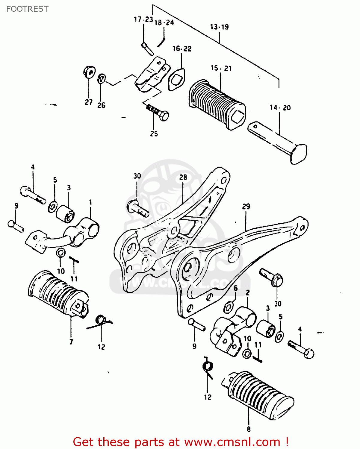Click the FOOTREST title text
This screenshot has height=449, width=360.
pyautogui.click(x=27, y=9)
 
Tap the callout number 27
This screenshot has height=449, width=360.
pyautogui.click(x=89, y=102)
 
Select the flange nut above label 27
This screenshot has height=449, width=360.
pyautogui.click(x=89, y=71)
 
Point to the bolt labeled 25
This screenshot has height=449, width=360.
pyautogui.click(x=158, y=112)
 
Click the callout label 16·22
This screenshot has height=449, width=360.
pyautogui.click(x=182, y=48)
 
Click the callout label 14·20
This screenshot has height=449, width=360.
pyautogui.click(x=280, y=108)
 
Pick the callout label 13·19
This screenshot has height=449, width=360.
pyautogui.click(x=219, y=27)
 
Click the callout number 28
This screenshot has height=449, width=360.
pyautogui.click(x=183, y=177)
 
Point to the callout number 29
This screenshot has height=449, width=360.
pyautogui.click(x=246, y=207)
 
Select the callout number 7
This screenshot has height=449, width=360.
pyautogui.click(x=71, y=342)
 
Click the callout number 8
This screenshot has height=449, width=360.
pyautogui.click(x=249, y=429)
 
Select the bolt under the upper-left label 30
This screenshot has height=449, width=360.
pyautogui.click(x=138, y=209)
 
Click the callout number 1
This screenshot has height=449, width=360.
pyautogui.click(x=90, y=203)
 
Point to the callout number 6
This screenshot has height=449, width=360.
pyautogui.click(x=235, y=288)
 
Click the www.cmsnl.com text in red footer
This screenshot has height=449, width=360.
pyautogui.click(x=232, y=442)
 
